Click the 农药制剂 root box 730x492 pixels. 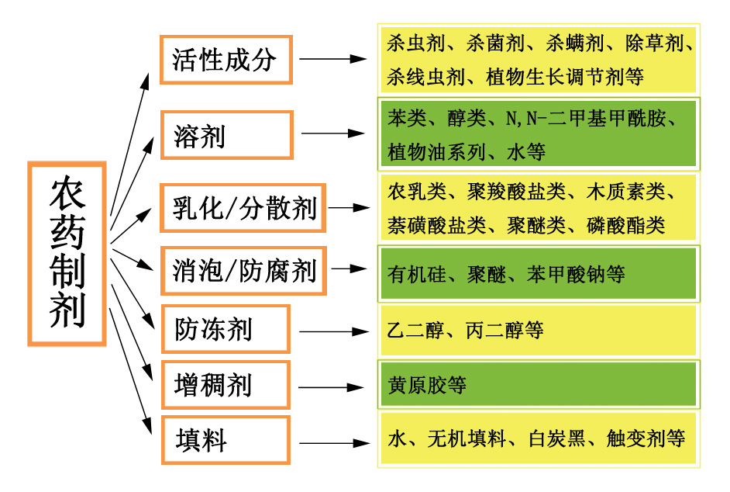(x=67, y=254)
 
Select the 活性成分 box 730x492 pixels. (x=226, y=60)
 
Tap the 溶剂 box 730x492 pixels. (x=227, y=135)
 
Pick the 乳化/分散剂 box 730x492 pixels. (x=243, y=208)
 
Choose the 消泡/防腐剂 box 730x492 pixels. (x=243, y=271)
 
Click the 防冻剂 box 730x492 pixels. (x=226, y=329)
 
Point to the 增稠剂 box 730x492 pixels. (x=226, y=385)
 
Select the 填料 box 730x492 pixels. (x=226, y=440)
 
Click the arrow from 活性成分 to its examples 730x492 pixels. (x=333, y=59)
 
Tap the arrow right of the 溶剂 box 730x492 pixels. (x=333, y=133)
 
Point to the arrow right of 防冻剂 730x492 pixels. (x=334, y=331)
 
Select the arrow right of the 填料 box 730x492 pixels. (x=335, y=443)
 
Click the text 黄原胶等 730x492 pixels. (x=427, y=385)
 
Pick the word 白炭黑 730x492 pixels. (x=557, y=438)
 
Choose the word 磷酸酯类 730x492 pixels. (x=625, y=225)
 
